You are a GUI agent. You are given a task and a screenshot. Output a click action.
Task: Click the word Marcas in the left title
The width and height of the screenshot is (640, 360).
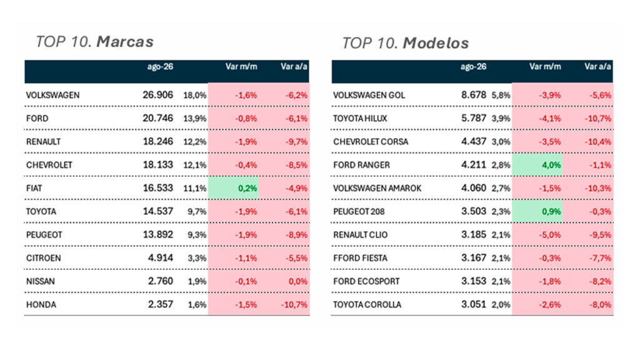(125, 42)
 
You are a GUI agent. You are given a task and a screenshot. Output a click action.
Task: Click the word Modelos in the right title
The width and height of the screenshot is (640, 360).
(436, 43)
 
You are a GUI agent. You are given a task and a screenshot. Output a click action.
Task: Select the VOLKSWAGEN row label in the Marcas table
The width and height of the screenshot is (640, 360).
(52, 95)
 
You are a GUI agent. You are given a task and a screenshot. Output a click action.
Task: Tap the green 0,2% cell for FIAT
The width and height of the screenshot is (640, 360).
(233, 188)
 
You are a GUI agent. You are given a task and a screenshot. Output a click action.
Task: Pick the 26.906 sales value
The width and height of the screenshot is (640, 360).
(157, 95)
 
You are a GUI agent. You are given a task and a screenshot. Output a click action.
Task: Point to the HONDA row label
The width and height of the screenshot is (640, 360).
(41, 304)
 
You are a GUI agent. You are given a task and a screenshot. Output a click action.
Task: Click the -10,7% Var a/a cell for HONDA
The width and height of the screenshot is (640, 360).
(294, 304)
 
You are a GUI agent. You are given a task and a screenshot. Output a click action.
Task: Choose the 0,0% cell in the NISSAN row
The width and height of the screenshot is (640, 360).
(297, 281)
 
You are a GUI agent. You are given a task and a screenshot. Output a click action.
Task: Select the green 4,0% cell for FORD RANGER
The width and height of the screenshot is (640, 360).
(537, 165)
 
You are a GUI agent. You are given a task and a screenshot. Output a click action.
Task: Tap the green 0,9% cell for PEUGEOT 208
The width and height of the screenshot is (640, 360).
(537, 211)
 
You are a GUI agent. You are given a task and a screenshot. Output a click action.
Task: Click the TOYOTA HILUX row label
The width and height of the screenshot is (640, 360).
(360, 118)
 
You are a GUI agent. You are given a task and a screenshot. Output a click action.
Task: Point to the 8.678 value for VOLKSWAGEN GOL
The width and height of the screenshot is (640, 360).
(474, 95)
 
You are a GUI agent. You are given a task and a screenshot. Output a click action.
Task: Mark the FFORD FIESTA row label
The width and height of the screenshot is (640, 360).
(360, 258)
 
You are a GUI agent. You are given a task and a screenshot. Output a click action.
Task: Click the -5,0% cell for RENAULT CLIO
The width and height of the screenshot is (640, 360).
(550, 235)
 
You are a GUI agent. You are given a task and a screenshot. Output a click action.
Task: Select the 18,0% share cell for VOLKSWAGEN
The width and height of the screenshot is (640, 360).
(195, 95)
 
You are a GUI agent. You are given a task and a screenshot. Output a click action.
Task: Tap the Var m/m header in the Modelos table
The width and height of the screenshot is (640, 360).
(545, 66)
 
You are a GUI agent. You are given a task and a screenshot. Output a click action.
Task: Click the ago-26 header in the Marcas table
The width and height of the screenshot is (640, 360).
(160, 66)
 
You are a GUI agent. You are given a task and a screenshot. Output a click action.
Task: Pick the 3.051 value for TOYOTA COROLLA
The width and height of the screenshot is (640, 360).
(474, 304)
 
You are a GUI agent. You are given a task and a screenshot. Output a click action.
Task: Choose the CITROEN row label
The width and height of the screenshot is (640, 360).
(43, 258)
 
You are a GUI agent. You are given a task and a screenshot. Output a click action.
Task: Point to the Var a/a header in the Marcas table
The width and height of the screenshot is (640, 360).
(294, 66)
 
